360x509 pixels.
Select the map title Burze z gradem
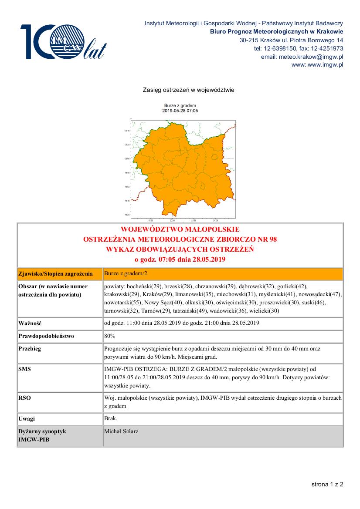180,106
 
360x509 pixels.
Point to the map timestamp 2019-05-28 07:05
180,111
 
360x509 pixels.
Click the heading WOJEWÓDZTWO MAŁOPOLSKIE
180,229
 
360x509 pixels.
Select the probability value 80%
110,336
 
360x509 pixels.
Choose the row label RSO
24,398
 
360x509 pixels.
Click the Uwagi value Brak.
111,418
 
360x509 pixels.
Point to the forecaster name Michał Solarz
121,431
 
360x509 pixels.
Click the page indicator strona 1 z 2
327,484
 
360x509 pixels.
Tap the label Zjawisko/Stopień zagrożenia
55,274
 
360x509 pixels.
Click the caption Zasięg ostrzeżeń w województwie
189,90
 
